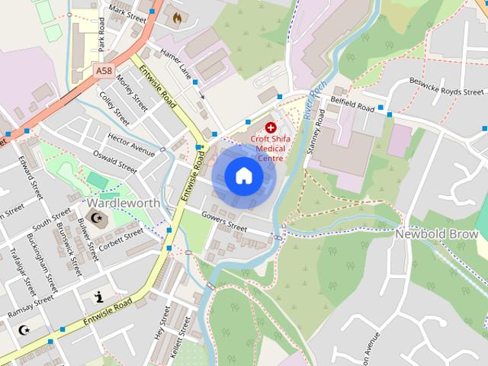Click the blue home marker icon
pyautogui.click(x=243, y=176)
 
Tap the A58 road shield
pyautogui.click(x=104, y=70)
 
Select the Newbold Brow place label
pyautogui.click(x=436, y=234)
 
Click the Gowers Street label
pyautogui.click(x=225, y=222)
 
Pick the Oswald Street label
pyautogui.click(x=114, y=162)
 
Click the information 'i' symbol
pyautogui.click(x=98, y=297)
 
